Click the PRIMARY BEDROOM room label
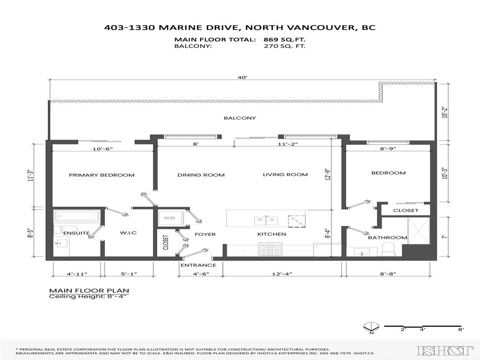(x=102, y=175)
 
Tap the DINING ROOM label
(x=201, y=175)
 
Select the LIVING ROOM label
(x=285, y=175)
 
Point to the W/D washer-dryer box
(x=169, y=218)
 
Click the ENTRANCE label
(x=198, y=265)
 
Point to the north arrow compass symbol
(x=370, y=327)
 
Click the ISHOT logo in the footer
(x=445, y=350)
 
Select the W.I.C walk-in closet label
(x=127, y=233)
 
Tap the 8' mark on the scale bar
(x=461, y=330)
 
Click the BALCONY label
(x=240, y=118)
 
